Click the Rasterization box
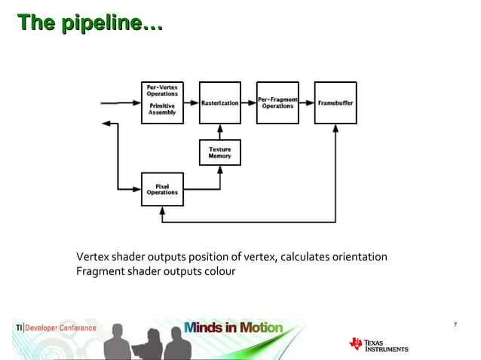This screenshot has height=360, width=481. tap(219, 102)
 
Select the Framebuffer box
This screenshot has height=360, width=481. tap(335, 102)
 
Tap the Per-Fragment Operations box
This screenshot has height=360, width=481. tap(277, 102)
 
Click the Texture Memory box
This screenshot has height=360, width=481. tap(219, 153)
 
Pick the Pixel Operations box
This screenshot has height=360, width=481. tap(162, 188)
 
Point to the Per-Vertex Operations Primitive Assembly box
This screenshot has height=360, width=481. tap(162, 102)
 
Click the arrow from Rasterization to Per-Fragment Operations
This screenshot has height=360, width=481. tap(249, 102)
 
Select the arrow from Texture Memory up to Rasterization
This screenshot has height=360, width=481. tap(219, 132)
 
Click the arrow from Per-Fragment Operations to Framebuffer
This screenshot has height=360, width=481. tap(306, 102)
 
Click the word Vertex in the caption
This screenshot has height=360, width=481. tap(92, 258)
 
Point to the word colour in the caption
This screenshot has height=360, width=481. tap(219, 271)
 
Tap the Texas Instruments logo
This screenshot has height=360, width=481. tap(378, 344)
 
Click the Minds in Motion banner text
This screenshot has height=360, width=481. tap(233, 328)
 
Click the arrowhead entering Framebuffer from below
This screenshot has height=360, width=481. tap(335, 129)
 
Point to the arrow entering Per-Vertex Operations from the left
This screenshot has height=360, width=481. tap(121, 102)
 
